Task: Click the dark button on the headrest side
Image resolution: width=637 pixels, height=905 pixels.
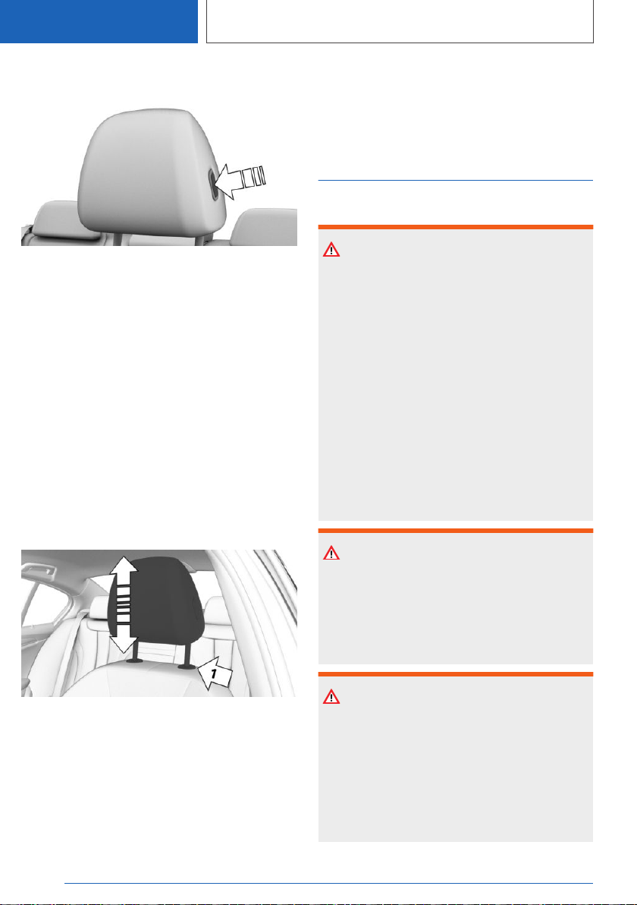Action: [213, 185]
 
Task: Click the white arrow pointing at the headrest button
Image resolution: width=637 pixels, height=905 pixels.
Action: [239, 179]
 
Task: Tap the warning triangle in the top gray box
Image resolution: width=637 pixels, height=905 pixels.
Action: [331, 250]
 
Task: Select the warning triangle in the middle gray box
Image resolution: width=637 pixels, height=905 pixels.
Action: [331, 553]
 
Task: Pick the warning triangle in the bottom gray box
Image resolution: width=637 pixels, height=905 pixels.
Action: [331, 697]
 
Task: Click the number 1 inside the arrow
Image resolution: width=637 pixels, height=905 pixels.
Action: [214, 673]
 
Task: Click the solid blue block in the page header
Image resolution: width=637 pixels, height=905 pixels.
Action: [99, 21]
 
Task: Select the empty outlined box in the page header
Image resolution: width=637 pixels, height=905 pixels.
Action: [400, 21]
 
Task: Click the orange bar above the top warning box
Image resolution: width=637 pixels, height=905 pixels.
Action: [456, 227]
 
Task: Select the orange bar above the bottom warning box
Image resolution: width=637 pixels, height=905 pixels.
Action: [456, 674]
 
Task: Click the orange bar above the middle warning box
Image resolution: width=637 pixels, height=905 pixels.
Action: [456, 531]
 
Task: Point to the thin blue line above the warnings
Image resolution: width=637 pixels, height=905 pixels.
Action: [456, 181]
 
